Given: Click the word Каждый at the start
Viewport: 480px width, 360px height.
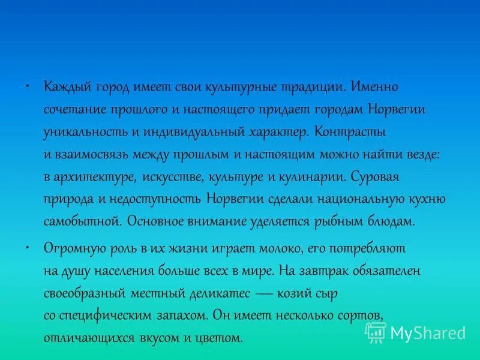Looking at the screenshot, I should (x=64, y=88).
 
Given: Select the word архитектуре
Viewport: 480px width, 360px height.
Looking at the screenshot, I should (x=97, y=177).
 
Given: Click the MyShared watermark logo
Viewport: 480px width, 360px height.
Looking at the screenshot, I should (x=416, y=332).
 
